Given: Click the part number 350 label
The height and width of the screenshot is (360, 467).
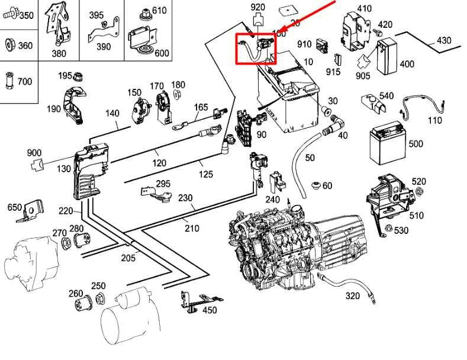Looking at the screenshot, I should click(x=26, y=15).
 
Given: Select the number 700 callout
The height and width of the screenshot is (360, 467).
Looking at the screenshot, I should click(x=24, y=81).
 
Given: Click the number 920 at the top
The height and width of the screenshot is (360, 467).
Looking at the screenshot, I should click(x=258, y=7).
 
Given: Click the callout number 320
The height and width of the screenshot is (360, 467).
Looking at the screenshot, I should click(x=352, y=295).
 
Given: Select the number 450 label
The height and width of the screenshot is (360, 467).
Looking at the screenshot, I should click(x=209, y=310).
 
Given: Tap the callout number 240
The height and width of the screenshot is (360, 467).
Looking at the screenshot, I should click(x=272, y=200).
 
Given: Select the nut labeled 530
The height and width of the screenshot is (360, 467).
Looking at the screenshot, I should click(x=388, y=229).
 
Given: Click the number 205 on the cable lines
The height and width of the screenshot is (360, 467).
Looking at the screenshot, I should click(x=128, y=257).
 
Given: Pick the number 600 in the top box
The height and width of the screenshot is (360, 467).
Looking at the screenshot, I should click(x=162, y=53).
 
